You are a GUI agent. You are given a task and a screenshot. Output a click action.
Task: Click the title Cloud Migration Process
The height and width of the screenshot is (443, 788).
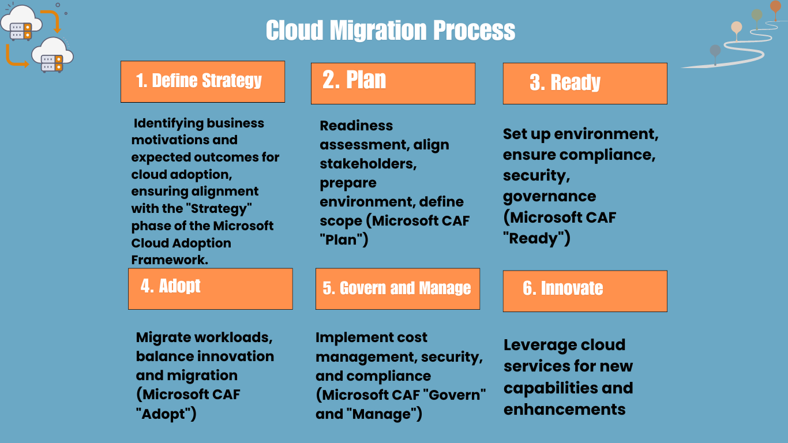391,31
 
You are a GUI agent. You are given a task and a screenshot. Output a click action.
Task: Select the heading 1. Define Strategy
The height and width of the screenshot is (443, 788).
199,81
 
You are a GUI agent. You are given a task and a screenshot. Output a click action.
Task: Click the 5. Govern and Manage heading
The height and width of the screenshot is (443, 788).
397,288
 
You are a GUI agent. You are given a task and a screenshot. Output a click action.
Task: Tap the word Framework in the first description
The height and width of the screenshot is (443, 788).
170,260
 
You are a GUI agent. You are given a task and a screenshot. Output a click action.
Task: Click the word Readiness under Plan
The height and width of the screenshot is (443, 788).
356,126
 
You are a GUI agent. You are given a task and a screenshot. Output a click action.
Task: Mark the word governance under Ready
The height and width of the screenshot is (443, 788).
549,196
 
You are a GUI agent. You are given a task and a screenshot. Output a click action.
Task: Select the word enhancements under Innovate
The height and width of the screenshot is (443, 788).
564,410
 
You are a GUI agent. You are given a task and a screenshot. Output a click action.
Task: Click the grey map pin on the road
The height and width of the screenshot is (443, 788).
715,51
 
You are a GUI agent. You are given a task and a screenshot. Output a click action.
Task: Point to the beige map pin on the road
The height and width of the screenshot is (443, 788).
736,27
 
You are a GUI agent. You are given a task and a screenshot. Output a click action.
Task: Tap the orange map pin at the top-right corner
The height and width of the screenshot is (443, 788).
775,6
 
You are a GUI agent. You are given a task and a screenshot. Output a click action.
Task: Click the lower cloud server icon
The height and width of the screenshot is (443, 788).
52,55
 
